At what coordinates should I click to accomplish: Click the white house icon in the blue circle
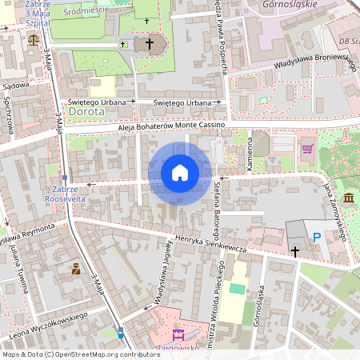point(180,173)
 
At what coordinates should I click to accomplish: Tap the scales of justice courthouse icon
point(32,38)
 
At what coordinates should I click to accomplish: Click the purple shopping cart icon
point(306,149)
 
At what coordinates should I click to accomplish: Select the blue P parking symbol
point(317,237)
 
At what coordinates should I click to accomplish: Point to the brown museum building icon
point(348,198)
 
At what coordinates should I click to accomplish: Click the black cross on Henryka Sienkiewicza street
point(294,251)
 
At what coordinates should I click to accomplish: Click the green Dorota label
point(86,112)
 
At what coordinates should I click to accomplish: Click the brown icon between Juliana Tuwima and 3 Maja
point(75,269)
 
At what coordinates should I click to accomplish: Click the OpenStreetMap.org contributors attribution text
point(107,354)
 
